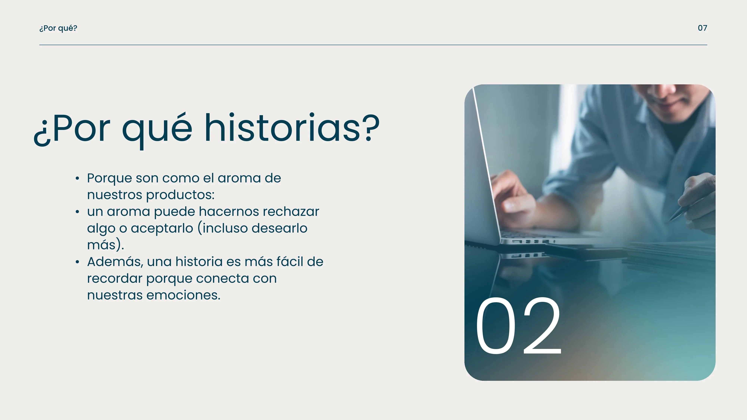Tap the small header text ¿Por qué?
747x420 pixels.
point(58,28)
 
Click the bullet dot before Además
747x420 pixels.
point(77,262)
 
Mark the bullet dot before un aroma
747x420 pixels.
point(77,212)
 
